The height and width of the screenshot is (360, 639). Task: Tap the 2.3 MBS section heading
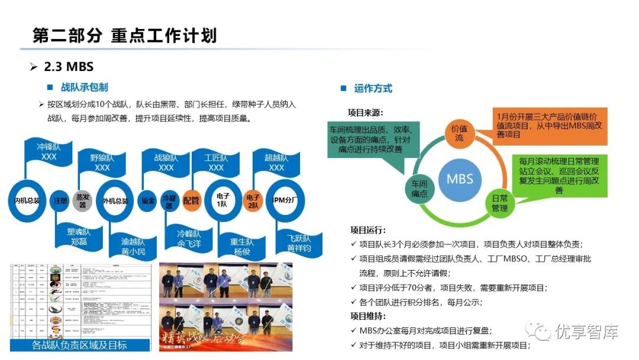(69, 66)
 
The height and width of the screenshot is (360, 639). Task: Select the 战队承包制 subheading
(84, 88)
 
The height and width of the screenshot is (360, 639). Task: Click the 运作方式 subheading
(373, 88)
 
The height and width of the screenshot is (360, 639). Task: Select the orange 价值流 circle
(459, 133)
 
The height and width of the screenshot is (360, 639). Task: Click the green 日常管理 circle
(500, 203)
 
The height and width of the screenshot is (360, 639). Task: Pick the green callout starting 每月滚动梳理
(559, 175)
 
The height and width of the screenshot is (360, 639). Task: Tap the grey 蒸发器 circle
(83, 200)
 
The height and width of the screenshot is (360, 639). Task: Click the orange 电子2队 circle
(253, 201)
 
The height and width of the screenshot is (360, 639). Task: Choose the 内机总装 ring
(27, 201)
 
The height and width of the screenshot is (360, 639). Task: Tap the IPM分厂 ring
(285, 201)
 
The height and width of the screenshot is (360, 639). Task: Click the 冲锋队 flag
(49, 152)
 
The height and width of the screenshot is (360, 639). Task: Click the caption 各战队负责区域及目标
(79, 345)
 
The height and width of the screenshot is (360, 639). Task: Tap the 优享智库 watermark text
(586, 332)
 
